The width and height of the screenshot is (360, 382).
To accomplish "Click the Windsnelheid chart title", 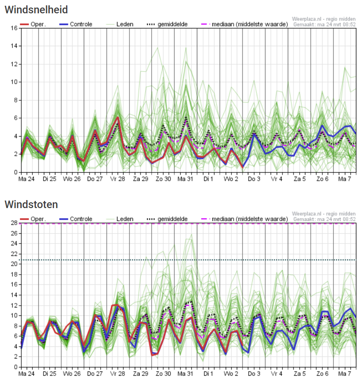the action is tap(36, 10).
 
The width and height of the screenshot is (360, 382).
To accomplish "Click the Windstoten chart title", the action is tap(31, 205).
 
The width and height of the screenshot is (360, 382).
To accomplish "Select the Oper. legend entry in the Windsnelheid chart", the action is tap(33, 24).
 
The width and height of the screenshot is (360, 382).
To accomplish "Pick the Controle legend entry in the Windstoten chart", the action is tap(76, 219).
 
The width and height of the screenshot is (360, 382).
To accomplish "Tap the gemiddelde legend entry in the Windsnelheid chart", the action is tap(167, 24).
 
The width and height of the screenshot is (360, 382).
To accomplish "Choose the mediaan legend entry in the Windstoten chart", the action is tap(245, 219).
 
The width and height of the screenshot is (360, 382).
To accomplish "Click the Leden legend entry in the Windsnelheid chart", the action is tap(120, 24).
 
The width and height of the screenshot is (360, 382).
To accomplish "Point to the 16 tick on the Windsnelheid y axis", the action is tap(14, 28).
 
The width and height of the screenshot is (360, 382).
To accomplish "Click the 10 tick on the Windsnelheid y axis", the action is tap(14, 82).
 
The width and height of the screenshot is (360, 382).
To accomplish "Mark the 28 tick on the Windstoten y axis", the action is tap(14, 223).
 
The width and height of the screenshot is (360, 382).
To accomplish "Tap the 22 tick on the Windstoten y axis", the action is tap(14, 254).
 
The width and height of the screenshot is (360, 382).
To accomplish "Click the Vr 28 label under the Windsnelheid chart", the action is tap(117, 179).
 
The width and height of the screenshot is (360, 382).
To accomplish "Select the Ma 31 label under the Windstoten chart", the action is tap(185, 374).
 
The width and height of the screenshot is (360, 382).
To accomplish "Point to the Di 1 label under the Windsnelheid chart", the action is tap(208, 179).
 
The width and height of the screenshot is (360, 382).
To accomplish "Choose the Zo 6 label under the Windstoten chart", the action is tap(322, 374).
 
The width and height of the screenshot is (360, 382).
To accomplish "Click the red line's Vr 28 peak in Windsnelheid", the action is tap(118, 118).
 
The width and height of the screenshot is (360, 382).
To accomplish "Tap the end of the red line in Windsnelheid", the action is tap(243, 167).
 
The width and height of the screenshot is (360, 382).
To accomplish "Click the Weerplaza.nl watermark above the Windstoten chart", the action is tap(324, 214).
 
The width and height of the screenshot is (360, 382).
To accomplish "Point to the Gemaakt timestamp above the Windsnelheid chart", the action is tap(324, 24).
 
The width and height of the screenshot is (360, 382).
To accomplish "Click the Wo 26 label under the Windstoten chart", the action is tap(71, 374).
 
